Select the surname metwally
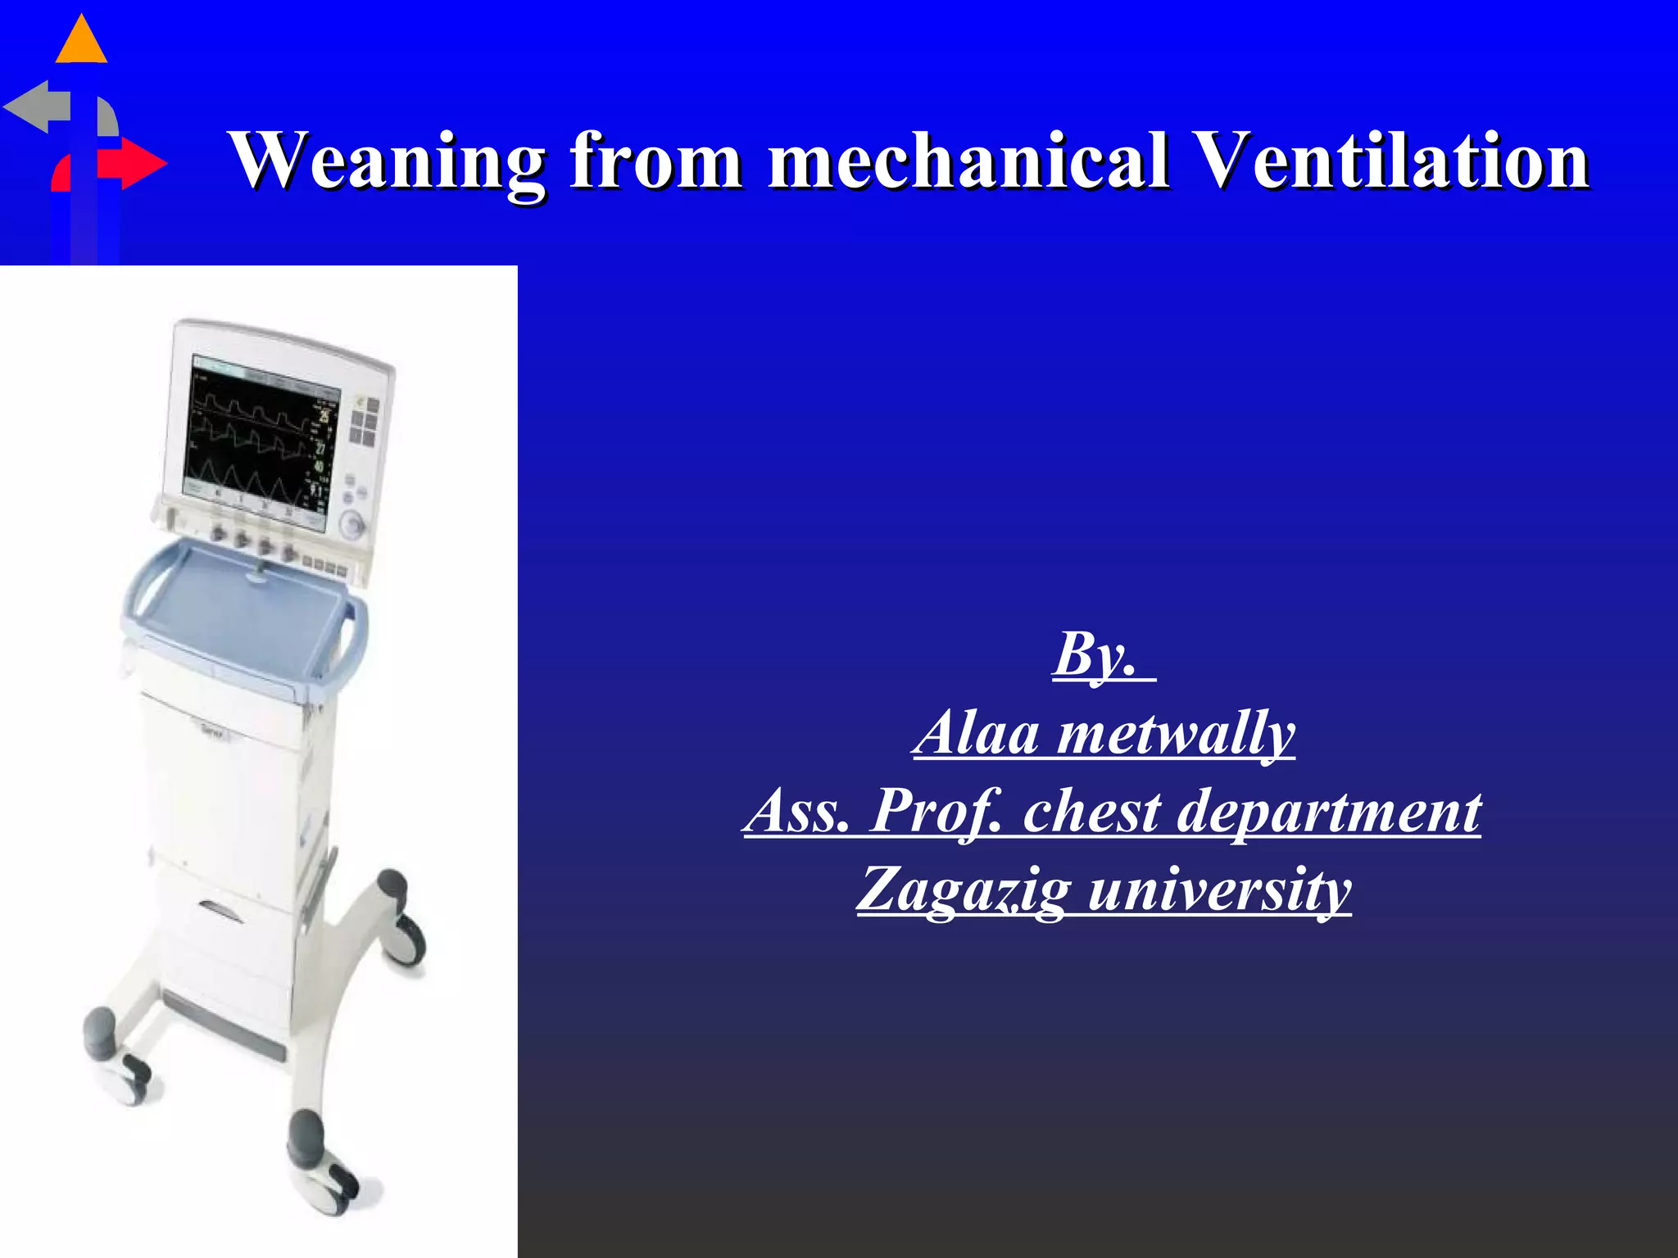tap(1176, 733)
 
